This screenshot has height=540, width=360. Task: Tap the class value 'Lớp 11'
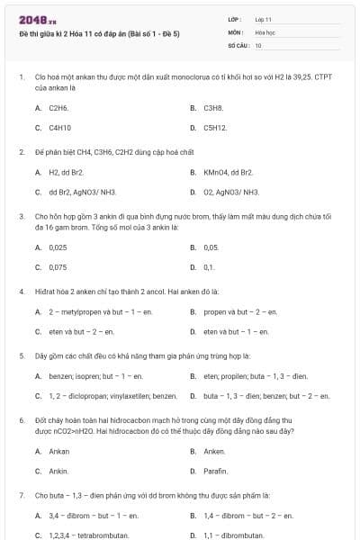(264, 19)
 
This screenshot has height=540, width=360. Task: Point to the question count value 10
(258, 45)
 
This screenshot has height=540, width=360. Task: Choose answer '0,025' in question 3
(58, 247)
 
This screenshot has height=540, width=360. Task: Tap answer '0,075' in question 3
(58, 267)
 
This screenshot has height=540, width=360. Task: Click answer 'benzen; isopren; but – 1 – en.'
(95, 375)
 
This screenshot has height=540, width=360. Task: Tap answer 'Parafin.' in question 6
(216, 471)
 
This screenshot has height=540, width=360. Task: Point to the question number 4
(21, 292)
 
